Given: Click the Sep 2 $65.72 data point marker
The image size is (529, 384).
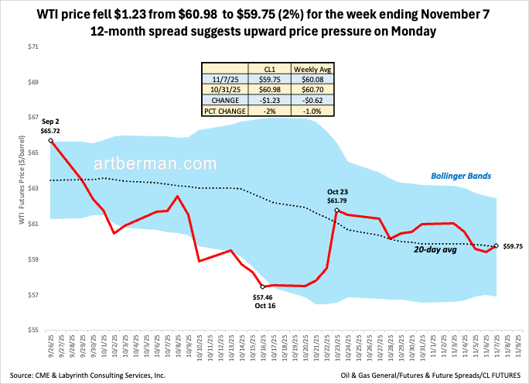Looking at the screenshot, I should pyautogui.click(x=50, y=140).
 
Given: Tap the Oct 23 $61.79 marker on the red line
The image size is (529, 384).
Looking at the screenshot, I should pyautogui.click(x=337, y=211).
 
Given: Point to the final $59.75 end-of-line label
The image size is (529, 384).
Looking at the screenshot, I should pyautogui.click(x=514, y=246).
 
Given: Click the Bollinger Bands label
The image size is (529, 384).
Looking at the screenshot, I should pyautogui.click(x=461, y=176).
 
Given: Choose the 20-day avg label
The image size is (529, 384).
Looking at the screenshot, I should pyautogui.click(x=431, y=250).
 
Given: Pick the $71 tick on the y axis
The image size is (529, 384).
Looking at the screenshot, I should pyautogui.click(x=32, y=47).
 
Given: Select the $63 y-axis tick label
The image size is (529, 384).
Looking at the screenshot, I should pyautogui.click(x=32, y=189).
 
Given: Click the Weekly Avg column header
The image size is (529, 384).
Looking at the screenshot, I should pyautogui.click(x=312, y=68).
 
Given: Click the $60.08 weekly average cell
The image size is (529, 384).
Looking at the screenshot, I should pyautogui.click(x=312, y=78).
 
